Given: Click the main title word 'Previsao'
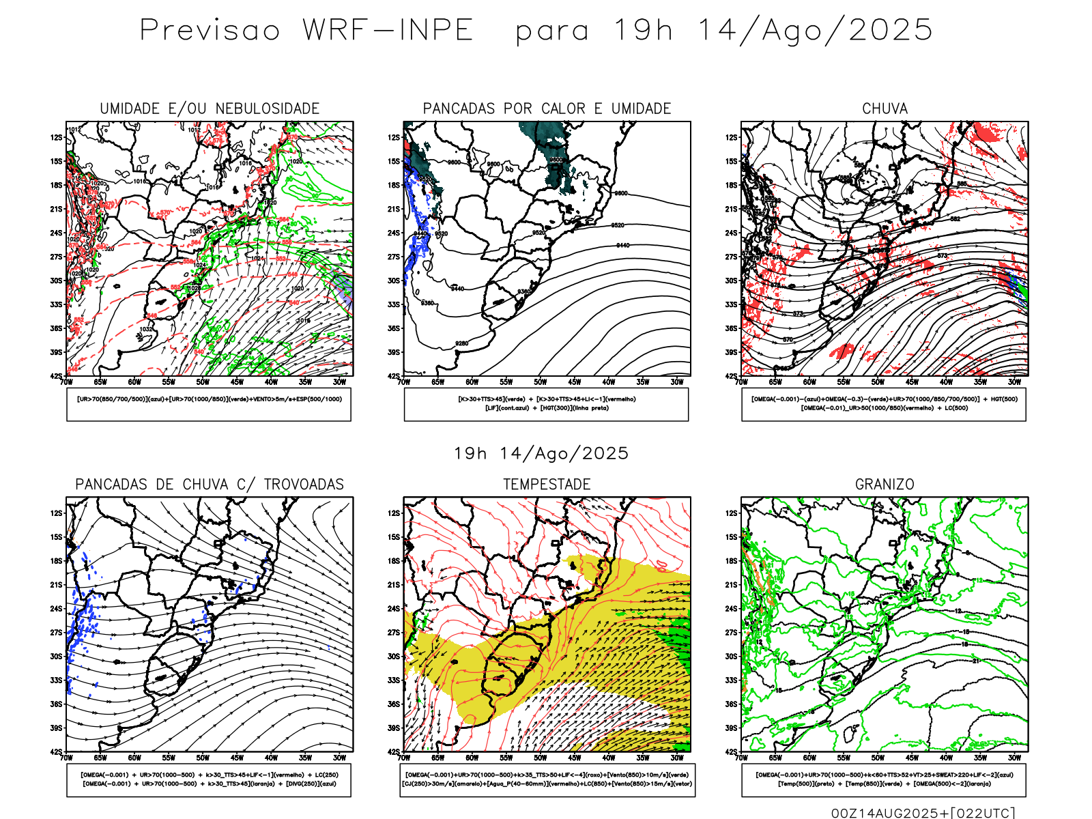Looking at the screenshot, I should pyautogui.click(x=210, y=31).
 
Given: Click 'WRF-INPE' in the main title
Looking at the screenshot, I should pyautogui.click(x=388, y=31).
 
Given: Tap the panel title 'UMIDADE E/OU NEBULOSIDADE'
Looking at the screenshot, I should pyautogui.click(x=210, y=109).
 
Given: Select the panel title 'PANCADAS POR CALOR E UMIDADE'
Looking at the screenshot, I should pyautogui.click(x=547, y=109).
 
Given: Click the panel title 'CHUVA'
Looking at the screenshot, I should pyautogui.click(x=885, y=109).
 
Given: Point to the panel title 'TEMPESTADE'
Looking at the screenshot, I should pyautogui.click(x=547, y=485).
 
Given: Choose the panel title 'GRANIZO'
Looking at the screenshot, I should pyautogui.click(x=885, y=485).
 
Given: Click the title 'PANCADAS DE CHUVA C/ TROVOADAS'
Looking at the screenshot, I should pyautogui.click(x=210, y=485).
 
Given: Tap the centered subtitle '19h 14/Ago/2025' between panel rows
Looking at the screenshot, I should pyautogui.click(x=541, y=453).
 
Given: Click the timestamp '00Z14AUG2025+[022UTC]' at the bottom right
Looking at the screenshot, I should pyautogui.click(x=923, y=813).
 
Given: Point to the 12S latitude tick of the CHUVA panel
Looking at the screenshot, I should pyautogui.click(x=732, y=138).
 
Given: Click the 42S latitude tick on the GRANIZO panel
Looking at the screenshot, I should pyautogui.click(x=732, y=752).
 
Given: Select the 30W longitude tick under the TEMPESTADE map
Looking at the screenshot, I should pyautogui.click(x=677, y=758).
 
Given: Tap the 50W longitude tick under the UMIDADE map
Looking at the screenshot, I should pyautogui.click(x=203, y=382).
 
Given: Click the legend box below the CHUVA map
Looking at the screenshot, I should pyautogui.click(x=884, y=404).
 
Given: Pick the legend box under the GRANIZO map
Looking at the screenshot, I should pyautogui.click(x=884, y=779).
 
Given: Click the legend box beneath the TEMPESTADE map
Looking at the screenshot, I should pyautogui.click(x=547, y=779).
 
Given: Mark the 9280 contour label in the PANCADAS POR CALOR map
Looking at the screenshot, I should pyautogui.click(x=462, y=343).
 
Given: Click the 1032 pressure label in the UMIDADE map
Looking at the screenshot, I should pyautogui.click(x=146, y=329).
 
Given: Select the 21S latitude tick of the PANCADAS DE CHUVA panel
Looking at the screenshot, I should pyautogui.click(x=56, y=585).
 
